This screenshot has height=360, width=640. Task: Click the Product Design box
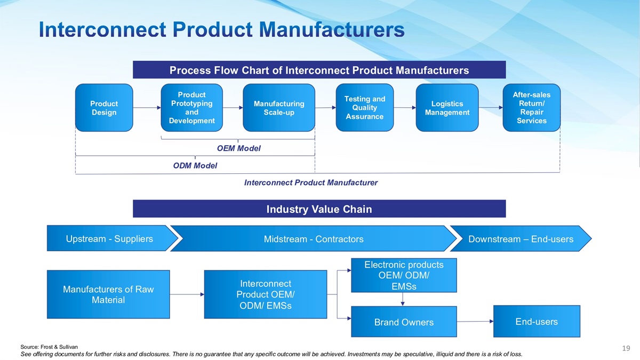[x=104, y=108]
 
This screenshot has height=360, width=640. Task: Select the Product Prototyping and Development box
[x=191, y=108]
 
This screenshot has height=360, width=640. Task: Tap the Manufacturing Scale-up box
[x=278, y=108]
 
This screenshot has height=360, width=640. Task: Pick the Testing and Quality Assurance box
[x=364, y=108]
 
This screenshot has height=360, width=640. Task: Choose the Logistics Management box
[x=447, y=108]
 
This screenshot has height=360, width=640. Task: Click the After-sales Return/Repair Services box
[x=531, y=108]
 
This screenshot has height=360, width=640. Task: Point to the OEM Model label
[x=238, y=148]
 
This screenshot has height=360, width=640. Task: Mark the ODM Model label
[x=195, y=166]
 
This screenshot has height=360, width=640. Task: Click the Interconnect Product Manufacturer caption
[x=310, y=183]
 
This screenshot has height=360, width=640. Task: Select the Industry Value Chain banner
[x=319, y=209]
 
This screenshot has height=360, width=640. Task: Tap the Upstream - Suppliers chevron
[x=109, y=238]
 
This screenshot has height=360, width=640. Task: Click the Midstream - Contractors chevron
[x=314, y=239]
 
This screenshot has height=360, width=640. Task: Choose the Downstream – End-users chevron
[x=521, y=239]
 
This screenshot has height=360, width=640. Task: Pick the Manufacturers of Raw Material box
[x=108, y=294]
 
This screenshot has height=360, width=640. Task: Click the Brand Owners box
[x=404, y=322]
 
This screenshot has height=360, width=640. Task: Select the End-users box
[x=537, y=321]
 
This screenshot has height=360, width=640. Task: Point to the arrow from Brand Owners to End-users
[x=475, y=322]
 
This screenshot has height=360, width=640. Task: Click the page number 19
[x=626, y=348]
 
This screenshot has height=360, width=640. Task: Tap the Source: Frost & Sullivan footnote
[x=49, y=347]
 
